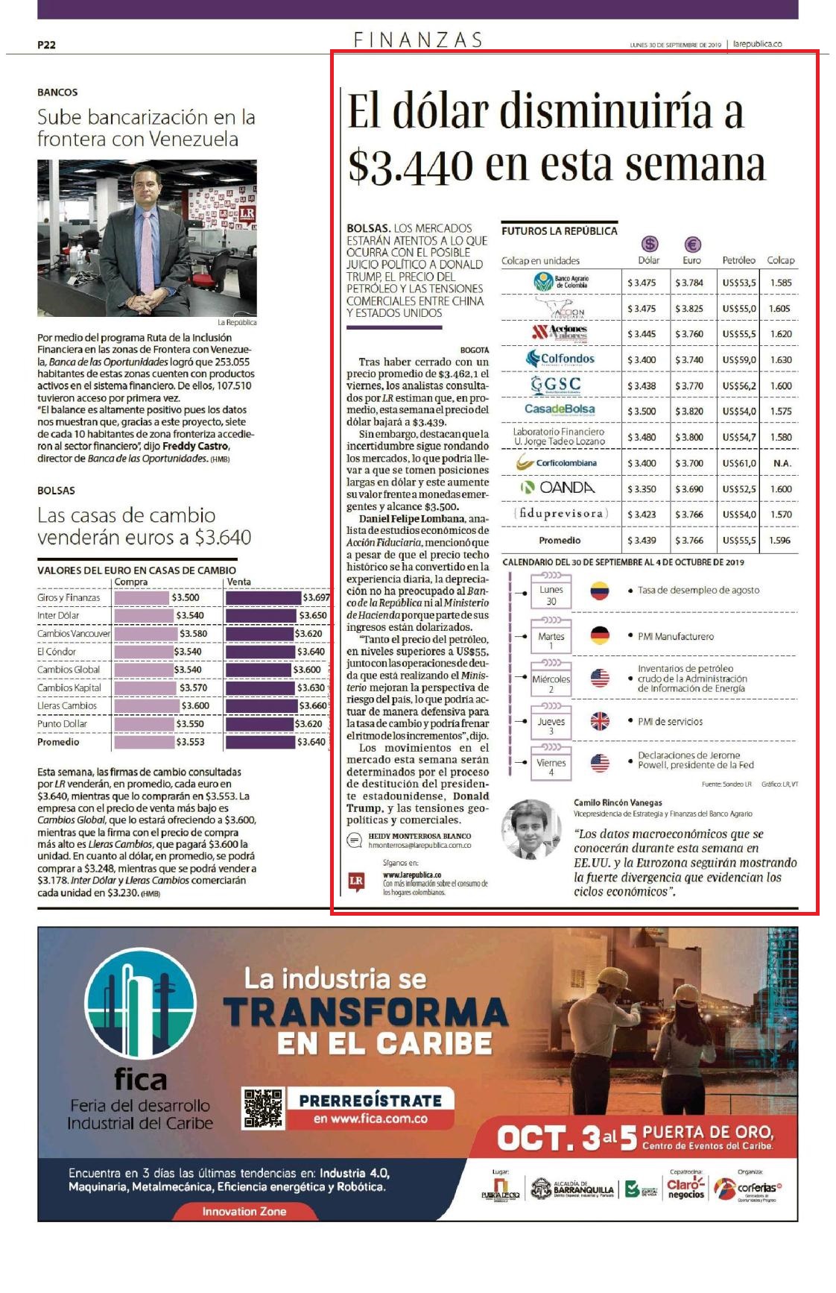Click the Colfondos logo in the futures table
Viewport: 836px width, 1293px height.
click(560, 359)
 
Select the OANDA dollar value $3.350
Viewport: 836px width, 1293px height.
click(641, 489)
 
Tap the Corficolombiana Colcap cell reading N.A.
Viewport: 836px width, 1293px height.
click(782, 463)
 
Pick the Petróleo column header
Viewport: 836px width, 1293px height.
click(738, 260)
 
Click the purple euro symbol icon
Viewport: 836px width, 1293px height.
click(692, 245)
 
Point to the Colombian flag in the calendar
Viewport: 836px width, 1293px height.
click(600, 591)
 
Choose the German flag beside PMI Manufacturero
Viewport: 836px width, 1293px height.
click(600, 636)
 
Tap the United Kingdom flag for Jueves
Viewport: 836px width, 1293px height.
click(600, 721)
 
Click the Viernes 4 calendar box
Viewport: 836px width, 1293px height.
click(551, 764)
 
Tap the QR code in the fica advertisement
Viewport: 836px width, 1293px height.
click(264, 1108)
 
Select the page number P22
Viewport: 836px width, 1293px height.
click(46, 45)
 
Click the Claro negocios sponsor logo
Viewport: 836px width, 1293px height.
click(685, 1189)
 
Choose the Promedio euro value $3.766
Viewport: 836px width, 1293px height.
click(689, 541)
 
